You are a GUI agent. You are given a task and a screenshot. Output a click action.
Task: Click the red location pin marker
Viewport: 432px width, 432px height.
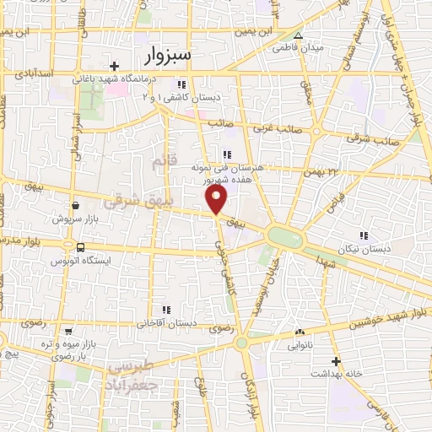pyautogui.click(x=217, y=199)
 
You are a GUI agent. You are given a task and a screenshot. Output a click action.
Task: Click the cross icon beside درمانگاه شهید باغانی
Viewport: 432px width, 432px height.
pyautogui.click(x=115, y=66)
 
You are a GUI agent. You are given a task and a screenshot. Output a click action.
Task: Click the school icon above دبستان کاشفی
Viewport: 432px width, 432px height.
pyautogui.click(x=181, y=84)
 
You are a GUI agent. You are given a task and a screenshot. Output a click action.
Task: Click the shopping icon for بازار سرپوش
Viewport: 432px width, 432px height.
pyautogui.click(x=76, y=204)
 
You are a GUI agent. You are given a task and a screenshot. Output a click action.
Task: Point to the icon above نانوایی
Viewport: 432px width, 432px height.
pyautogui.click(x=300, y=332)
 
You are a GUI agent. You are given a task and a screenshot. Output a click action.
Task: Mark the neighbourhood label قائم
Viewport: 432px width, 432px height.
pyautogui.click(x=161, y=159)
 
